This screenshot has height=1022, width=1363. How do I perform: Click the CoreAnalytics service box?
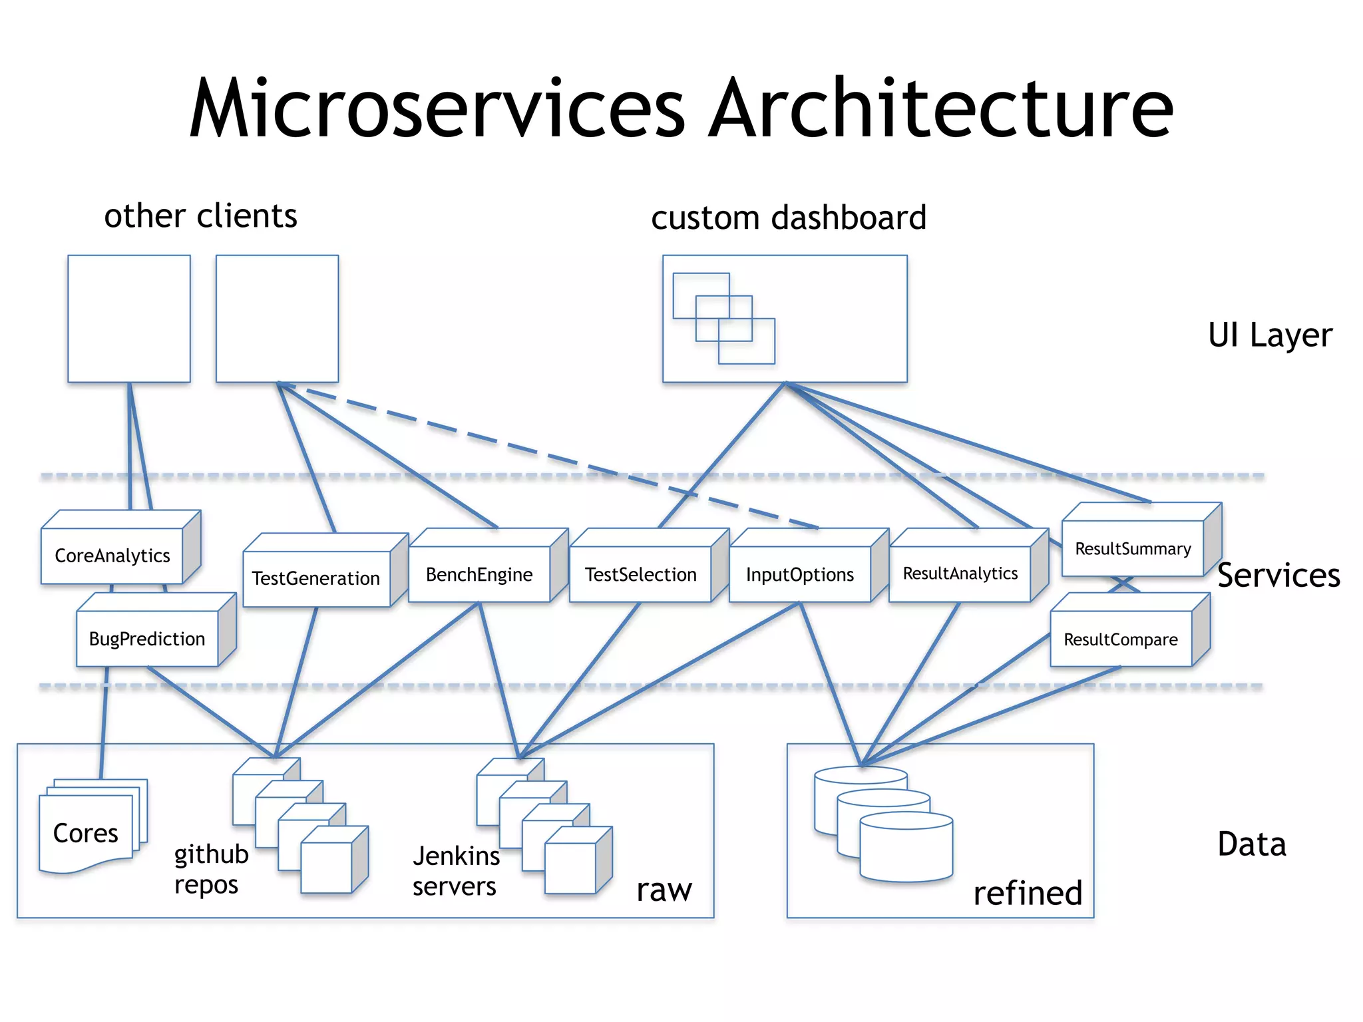112,556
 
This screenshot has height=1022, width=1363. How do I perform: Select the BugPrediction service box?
147,639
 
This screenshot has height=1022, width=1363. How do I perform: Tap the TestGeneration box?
316,578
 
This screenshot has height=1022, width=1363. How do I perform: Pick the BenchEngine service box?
479,574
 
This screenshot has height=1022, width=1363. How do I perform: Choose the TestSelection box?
640,574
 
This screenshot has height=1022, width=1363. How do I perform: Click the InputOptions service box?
799,574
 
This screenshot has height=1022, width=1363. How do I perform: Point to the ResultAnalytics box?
960,574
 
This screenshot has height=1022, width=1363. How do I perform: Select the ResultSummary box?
1133,549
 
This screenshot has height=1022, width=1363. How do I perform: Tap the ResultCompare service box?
1121,639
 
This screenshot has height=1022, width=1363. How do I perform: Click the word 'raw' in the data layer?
664,890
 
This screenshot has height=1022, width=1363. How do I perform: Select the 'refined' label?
1027,893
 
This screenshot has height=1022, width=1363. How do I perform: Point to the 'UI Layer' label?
1270,335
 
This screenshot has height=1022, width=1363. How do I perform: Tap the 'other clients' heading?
200,216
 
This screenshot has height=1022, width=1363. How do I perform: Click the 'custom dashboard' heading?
789,218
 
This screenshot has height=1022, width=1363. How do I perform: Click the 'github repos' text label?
210,869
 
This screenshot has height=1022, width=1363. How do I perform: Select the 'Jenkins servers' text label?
456,871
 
